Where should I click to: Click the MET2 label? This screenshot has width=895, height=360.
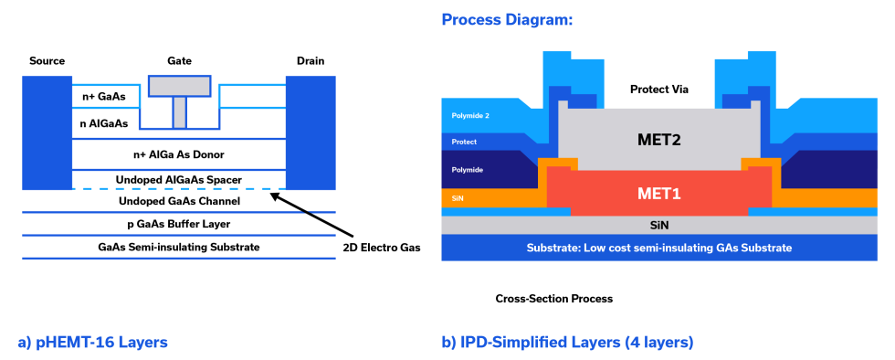(659, 140)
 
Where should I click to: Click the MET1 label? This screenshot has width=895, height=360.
(659, 193)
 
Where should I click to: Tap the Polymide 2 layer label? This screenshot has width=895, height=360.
(471, 116)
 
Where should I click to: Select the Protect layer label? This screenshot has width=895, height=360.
(464, 142)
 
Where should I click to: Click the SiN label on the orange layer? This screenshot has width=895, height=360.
(458, 197)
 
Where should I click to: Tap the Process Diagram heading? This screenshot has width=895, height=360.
(507, 19)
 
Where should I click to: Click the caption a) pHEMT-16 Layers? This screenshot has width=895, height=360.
(92, 343)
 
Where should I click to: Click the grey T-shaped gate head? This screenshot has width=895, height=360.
(180, 86)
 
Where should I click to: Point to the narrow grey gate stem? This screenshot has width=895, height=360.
(180, 111)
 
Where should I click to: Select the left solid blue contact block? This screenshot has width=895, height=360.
(47, 132)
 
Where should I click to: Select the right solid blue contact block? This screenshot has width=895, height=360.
(311, 132)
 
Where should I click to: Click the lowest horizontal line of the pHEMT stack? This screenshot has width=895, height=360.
(178, 259)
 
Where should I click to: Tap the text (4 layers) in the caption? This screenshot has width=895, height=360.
(658, 343)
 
